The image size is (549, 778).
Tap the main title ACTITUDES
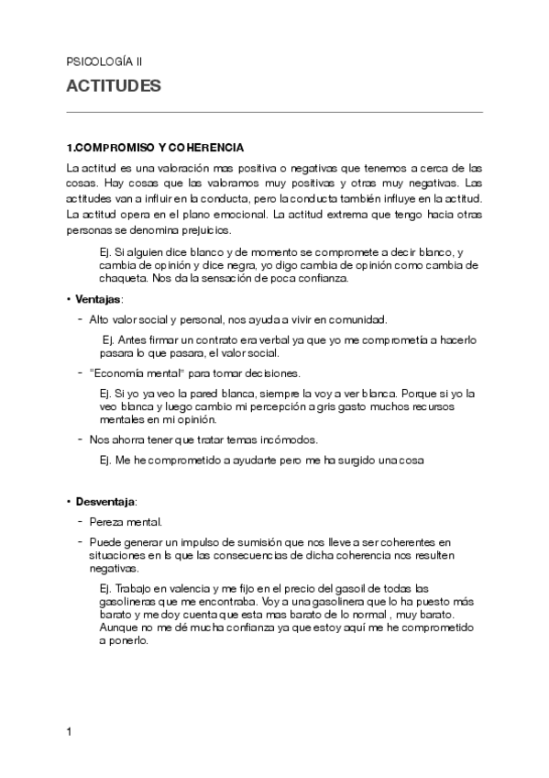(114, 87)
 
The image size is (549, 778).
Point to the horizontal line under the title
(275, 113)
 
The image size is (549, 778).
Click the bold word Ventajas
(98, 300)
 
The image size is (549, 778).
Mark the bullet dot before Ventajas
(69, 300)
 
